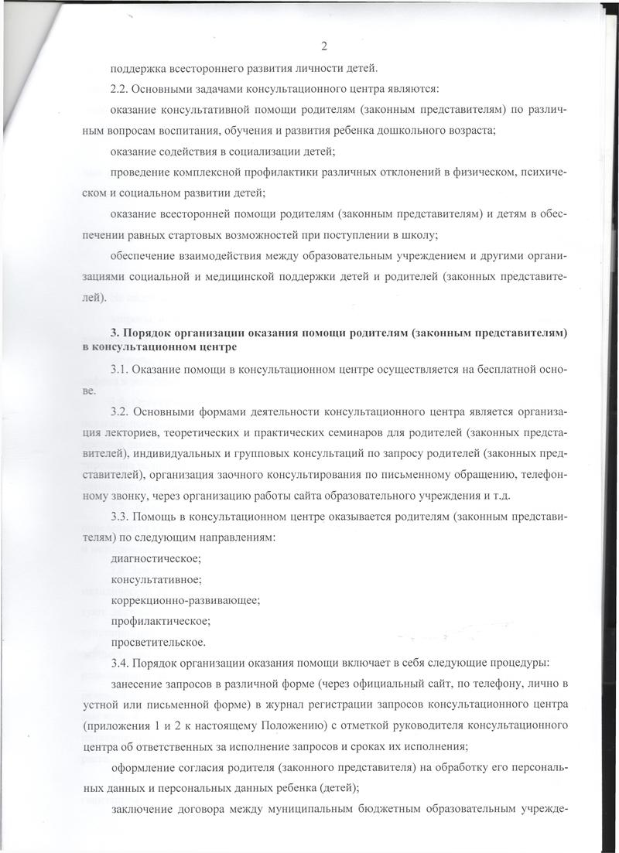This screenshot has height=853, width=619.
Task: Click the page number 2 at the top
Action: pyautogui.click(x=323, y=44)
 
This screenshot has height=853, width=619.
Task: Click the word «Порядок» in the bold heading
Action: pyautogui.click(x=155, y=333)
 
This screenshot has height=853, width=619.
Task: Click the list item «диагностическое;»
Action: pyautogui.click(x=156, y=558)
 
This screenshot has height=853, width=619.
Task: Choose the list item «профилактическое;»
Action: pyautogui.click(x=160, y=620)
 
